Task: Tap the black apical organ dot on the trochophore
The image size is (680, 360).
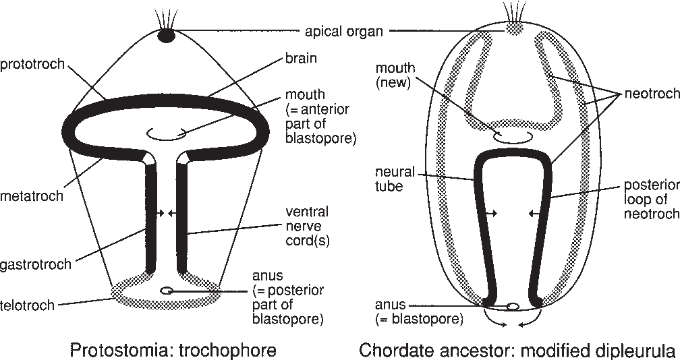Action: point(165,36)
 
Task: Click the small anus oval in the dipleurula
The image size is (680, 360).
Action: point(513,306)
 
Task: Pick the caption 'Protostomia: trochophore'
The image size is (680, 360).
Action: point(173,350)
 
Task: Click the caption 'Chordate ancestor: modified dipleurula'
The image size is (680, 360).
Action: point(518,350)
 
